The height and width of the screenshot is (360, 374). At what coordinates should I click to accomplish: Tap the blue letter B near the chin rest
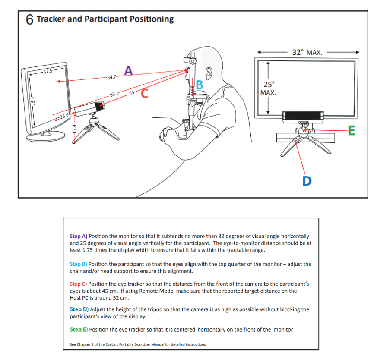pos(200,85)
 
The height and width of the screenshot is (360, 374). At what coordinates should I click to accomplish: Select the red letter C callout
pos(144,93)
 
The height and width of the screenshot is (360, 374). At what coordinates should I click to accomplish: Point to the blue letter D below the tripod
pos(307,180)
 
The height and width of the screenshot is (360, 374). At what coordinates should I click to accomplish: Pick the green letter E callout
pos(352,130)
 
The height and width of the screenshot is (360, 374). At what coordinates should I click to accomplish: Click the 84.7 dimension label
pos(111,77)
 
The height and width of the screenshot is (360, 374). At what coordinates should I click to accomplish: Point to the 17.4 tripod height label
pos(74,129)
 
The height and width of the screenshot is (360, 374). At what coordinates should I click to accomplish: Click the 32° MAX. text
pos(307,52)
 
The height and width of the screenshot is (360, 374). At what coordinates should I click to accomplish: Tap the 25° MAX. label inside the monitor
pos(268,88)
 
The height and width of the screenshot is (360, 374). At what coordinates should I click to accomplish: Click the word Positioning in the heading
pos(152,19)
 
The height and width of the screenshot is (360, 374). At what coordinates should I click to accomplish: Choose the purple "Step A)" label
pos(78,236)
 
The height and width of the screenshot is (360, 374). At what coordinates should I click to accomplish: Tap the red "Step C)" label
pos(78,284)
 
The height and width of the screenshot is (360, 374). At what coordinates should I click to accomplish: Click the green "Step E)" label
pos(78,329)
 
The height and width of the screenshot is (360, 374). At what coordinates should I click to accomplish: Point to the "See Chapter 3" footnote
pos(137,344)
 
